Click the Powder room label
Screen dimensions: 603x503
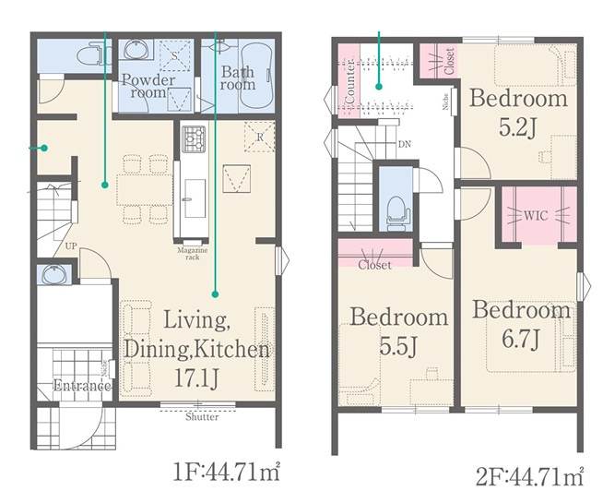click(148, 86)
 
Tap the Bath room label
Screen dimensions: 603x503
click(238, 78)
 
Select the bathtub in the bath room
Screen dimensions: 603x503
click(256, 77)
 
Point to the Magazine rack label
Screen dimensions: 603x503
click(193, 254)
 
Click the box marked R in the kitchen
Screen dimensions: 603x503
click(260, 138)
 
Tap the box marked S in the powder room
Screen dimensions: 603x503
click(174, 55)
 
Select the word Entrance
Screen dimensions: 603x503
click(82, 385)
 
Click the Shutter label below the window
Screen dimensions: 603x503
click(202, 417)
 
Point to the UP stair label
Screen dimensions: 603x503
click(71, 246)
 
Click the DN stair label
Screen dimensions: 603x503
click(405, 144)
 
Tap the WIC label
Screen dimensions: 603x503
click(536, 216)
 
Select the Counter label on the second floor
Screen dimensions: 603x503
click(350, 81)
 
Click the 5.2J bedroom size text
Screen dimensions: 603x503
click(517, 127)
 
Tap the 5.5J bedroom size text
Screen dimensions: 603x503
click(398, 346)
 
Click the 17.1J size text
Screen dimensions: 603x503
click(196, 377)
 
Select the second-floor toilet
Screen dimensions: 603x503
click(396, 213)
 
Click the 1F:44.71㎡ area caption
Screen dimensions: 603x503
click(227, 472)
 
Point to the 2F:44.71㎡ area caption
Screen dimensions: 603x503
click(530, 477)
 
